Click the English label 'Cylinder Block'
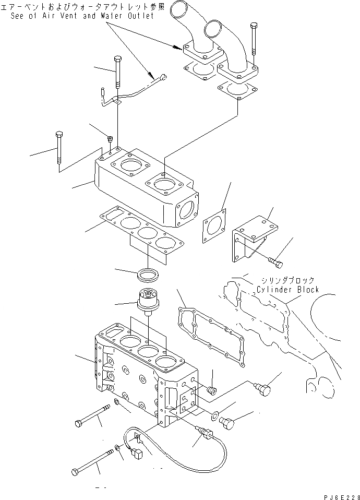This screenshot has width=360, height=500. click(x=287, y=290)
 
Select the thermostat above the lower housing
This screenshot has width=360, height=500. click(x=148, y=301)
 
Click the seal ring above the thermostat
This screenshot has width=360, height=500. click(x=148, y=273)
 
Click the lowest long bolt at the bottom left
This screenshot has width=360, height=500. click(x=94, y=461)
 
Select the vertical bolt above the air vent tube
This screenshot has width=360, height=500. click(x=117, y=73)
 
